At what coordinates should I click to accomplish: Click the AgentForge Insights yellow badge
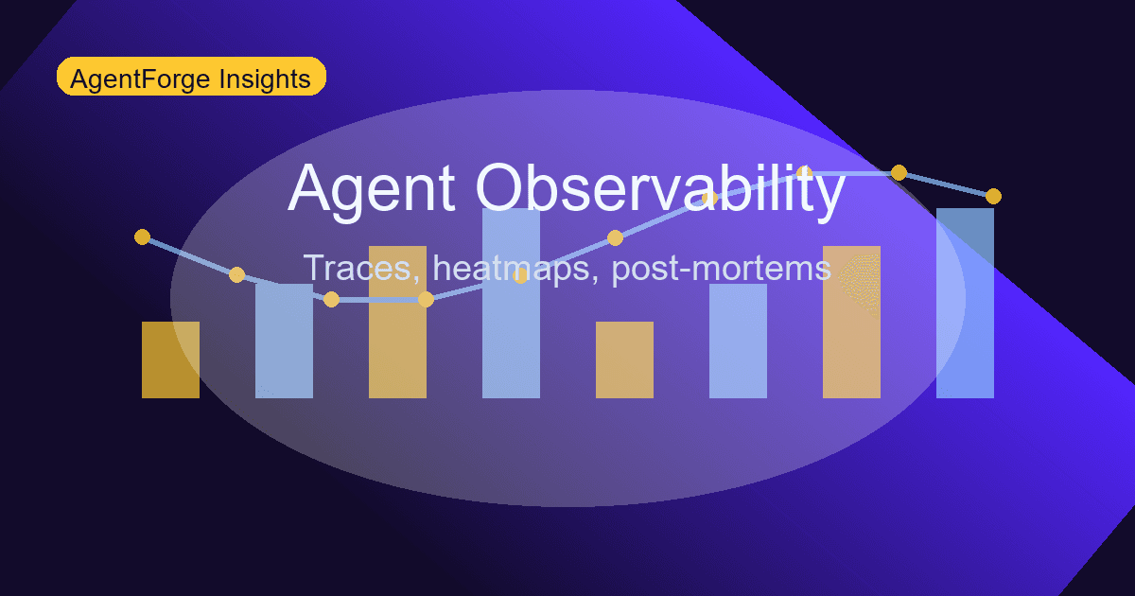click(x=191, y=77)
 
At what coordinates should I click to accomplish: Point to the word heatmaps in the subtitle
click(x=516, y=268)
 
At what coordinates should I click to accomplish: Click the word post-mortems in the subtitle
click(x=722, y=268)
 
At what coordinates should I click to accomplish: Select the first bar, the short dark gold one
click(x=170, y=360)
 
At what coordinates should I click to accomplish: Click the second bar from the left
click(x=284, y=342)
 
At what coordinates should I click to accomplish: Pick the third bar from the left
click(x=397, y=326)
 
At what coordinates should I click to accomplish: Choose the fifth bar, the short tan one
click(x=624, y=360)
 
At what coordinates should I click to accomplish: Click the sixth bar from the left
click(x=738, y=342)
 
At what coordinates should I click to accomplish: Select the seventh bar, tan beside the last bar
click(x=851, y=326)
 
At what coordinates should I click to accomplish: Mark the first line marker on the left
click(x=142, y=237)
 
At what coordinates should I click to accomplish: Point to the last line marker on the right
click(x=993, y=196)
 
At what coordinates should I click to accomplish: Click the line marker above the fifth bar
click(x=615, y=237)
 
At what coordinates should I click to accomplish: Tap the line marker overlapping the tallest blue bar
click(x=520, y=275)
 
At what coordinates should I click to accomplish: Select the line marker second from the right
click(x=899, y=172)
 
